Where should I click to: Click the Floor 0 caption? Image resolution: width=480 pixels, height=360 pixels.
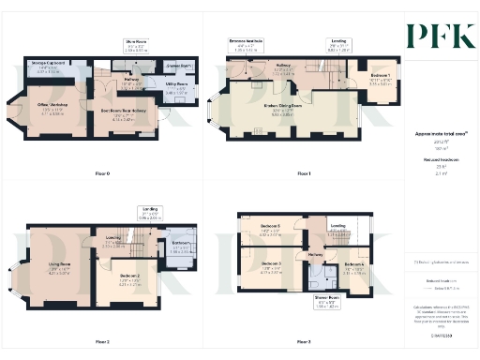coord(103,173)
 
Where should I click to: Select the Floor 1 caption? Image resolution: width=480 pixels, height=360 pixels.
coord(302,173)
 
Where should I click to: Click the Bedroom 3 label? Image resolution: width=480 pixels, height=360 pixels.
coord(270,268)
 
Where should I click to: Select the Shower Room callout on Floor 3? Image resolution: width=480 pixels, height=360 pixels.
coord(324,303)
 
